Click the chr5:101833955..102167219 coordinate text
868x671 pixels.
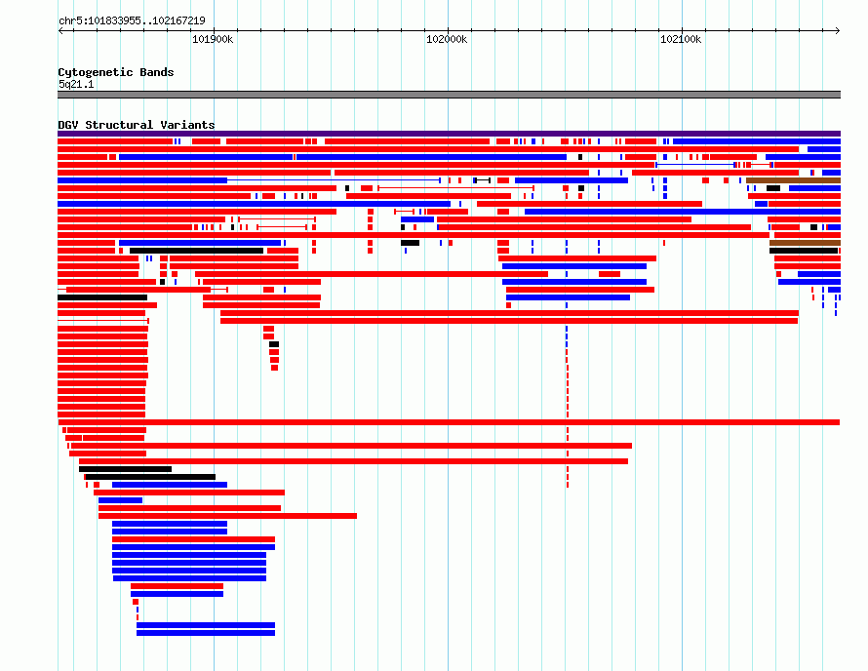[x=132, y=20]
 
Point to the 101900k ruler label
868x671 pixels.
[x=213, y=39]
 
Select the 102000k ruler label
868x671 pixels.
[x=447, y=39]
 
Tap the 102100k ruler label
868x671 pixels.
[x=681, y=39]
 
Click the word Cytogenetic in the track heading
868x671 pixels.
[x=96, y=72]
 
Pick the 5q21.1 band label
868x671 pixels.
[x=76, y=84]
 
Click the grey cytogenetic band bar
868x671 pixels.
[x=449, y=95]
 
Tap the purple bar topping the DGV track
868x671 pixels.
[x=449, y=134]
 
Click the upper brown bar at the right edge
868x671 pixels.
[x=793, y=180]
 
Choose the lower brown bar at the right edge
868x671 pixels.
[x=805, y=243]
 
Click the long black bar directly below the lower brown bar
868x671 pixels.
[x=804, y=251]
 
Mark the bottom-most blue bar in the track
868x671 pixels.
[x=206, y=633]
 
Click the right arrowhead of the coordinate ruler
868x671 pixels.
[x=838, y=31]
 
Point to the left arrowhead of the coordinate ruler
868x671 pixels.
[x=60, y=31]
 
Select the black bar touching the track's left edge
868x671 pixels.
[x=102, y=297]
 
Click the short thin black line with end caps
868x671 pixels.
[x=483, y=180]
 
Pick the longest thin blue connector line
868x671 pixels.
[x=334, y=180]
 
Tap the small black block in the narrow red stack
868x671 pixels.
[x=274, y=344]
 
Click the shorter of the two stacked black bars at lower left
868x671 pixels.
[x=125, y=469]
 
